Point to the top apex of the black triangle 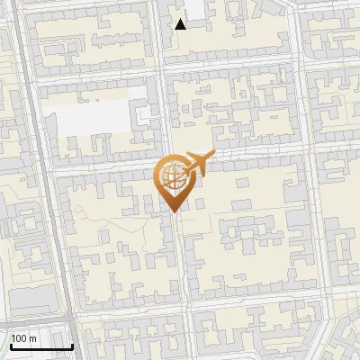pos(181,18)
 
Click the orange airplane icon pos(198,164)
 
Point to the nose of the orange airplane pos(212,153)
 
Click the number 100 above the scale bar pos(20,338)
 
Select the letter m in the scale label pos(33,338)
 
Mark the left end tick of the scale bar pos(12,346)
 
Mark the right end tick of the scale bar pos(72,346)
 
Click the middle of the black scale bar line pos(41,347)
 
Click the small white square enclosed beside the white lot pos(144,114)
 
